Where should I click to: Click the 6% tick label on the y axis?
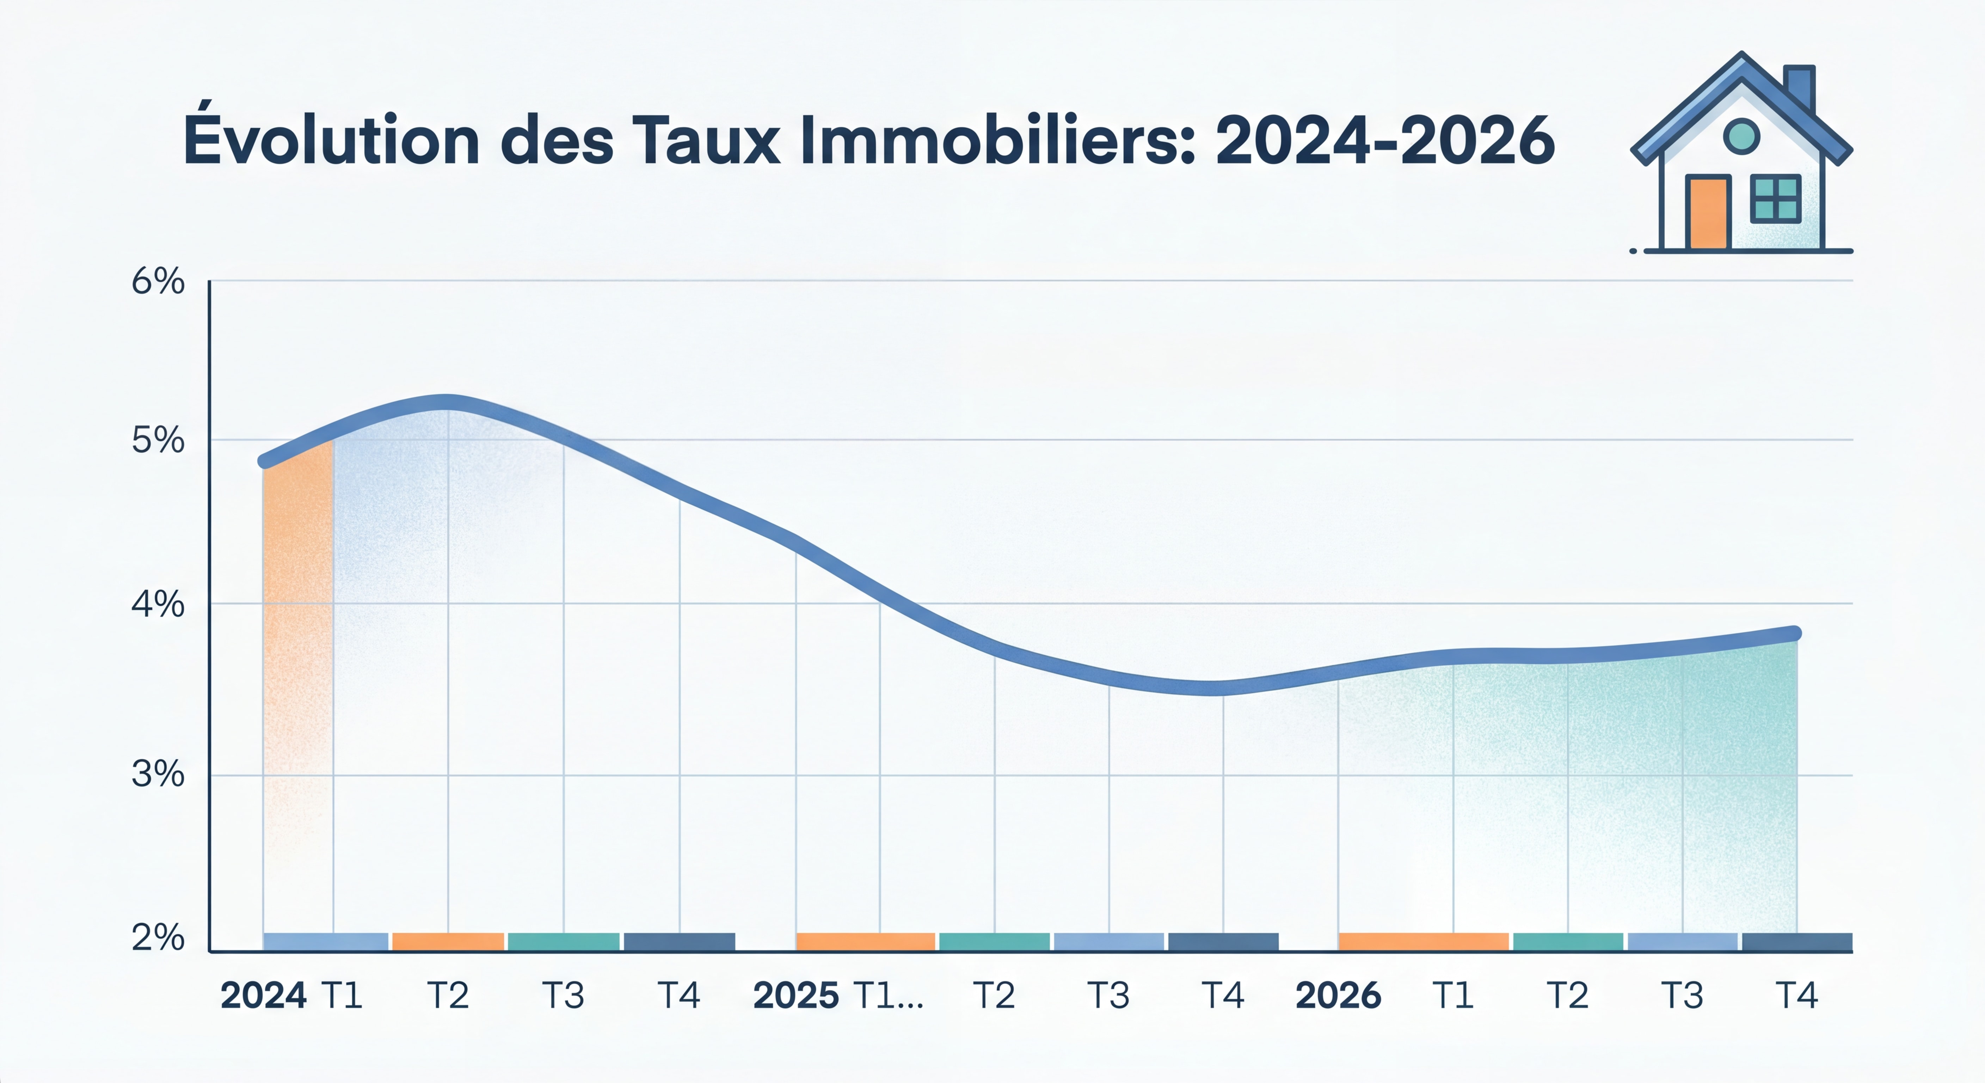tap(158, 282)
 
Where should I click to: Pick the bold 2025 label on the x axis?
tap(795, 995)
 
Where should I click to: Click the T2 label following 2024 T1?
tap(448, 995)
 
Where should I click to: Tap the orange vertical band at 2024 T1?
tap(298, 617)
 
